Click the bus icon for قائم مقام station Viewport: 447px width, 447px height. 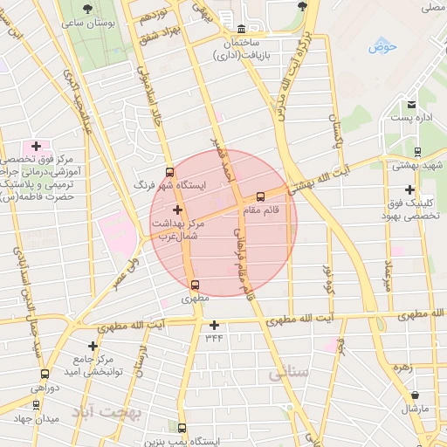click(x=260, y=196)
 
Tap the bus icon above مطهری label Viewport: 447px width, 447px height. click(x=194, y=284)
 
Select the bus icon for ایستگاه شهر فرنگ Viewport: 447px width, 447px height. click(x=169, y=172)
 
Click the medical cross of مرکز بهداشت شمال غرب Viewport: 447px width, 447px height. click(x=178, y=210)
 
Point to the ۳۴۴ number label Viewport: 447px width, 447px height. click(x=214, y=337)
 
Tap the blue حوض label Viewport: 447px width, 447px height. click(x=382, y=46)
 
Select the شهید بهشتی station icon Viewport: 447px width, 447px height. click(x=416, y=150)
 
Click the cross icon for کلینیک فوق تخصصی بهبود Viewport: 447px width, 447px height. click(x=409, y=190)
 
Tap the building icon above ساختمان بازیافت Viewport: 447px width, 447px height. click(x=242, y=27)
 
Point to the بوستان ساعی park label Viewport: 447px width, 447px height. click(x=84, y=22)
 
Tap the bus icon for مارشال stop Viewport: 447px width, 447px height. click(x=414, y=395)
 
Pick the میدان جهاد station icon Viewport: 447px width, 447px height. click(x=36, y=405)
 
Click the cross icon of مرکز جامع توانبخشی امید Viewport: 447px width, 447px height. click(x=93, y=347)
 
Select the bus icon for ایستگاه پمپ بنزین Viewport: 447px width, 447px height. click(x=182, y=428)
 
